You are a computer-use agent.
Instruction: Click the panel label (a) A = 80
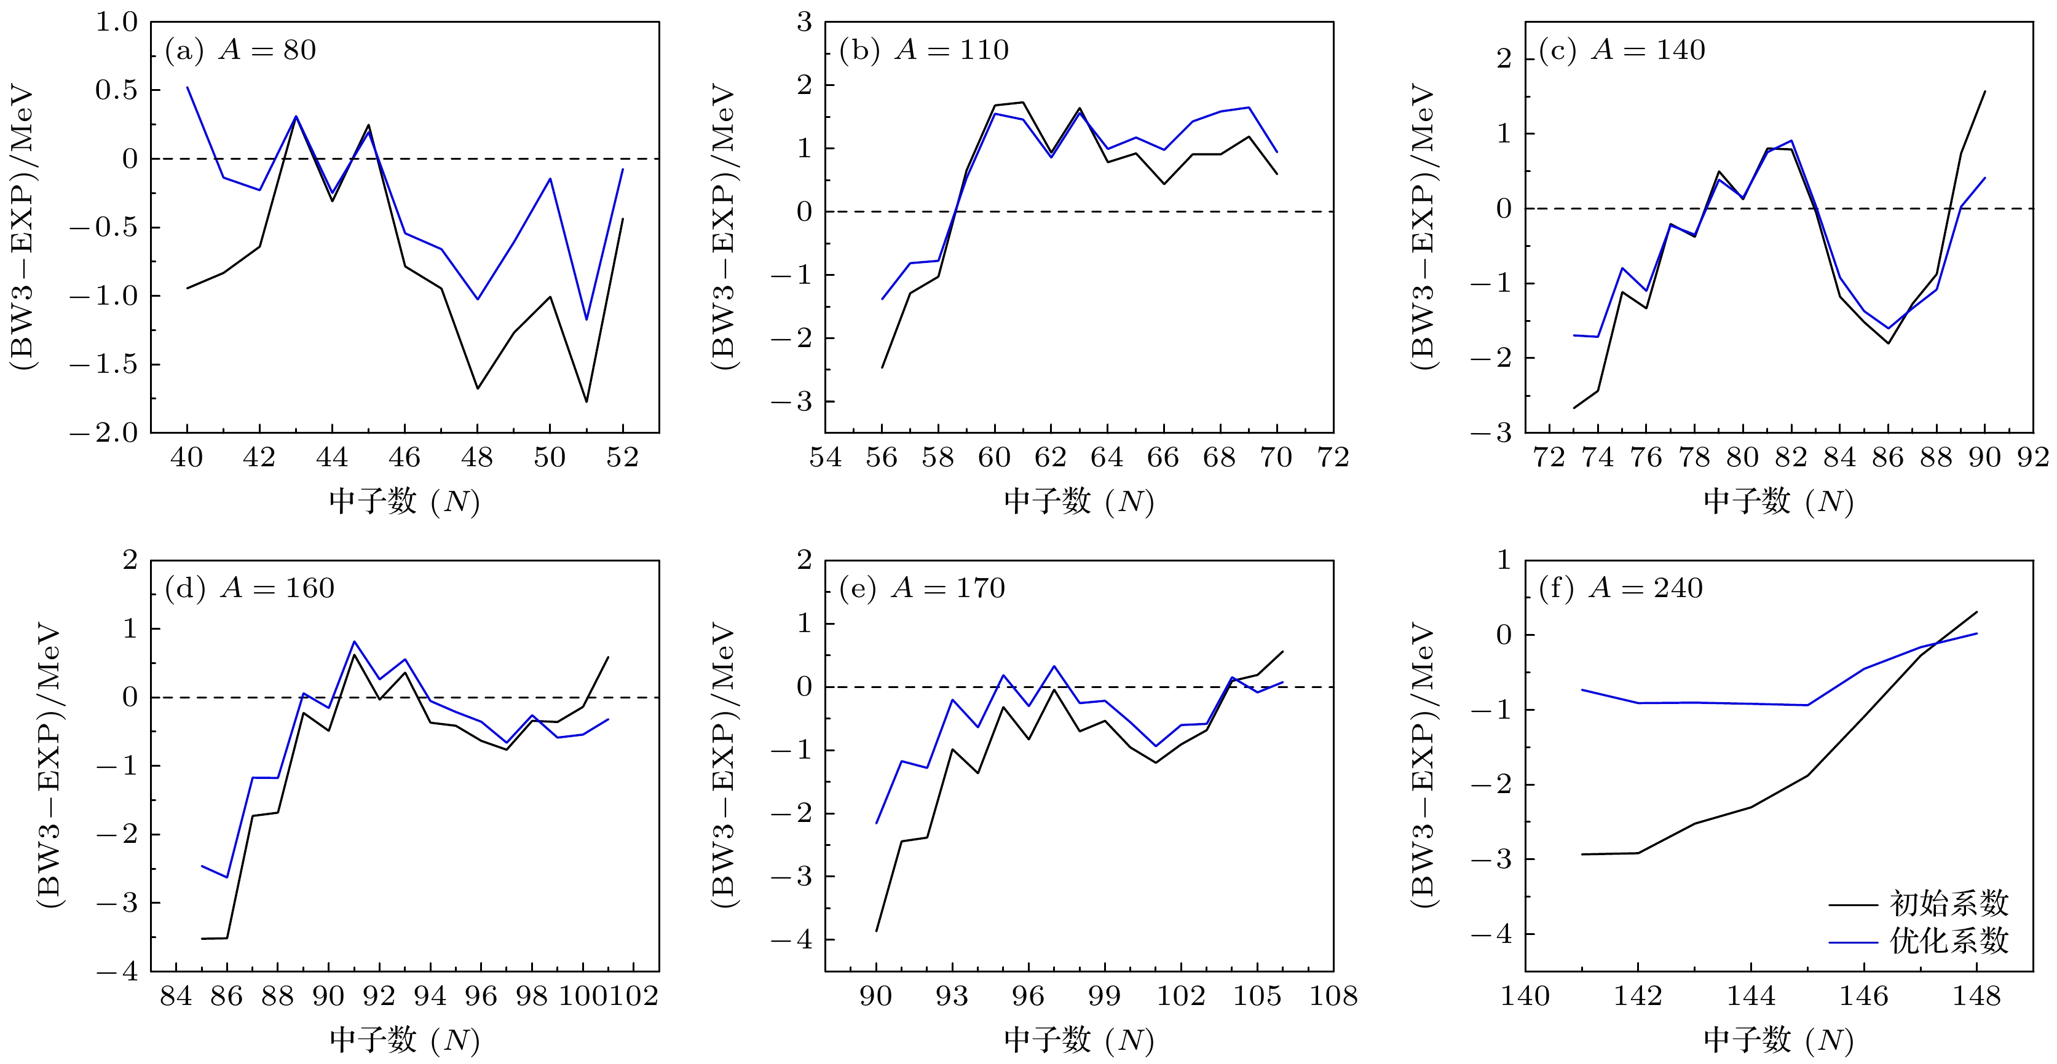(x=240, y=50)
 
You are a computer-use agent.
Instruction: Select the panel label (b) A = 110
(x=924, y=50)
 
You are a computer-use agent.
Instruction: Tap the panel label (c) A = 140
(x=1622, y=50)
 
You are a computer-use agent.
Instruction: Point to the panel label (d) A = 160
(x=249, y=589)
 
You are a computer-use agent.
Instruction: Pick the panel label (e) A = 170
(x=922, y=589)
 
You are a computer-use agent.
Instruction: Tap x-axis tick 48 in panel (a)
(x=476, y=458)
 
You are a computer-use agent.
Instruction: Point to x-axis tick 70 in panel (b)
(x=1276, y=458)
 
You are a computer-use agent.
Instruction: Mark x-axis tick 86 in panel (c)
(x=1889, y=458)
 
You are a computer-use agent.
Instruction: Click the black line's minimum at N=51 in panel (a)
(x=586, y=402)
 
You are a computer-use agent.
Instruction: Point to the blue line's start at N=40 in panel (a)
(x=188, y=87)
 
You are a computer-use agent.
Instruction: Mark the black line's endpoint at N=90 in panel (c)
(x=1985, y=91)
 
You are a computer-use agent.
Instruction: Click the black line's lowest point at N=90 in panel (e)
(x=876, y=931)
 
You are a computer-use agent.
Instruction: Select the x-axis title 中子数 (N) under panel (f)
(x=1779, y=1040)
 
